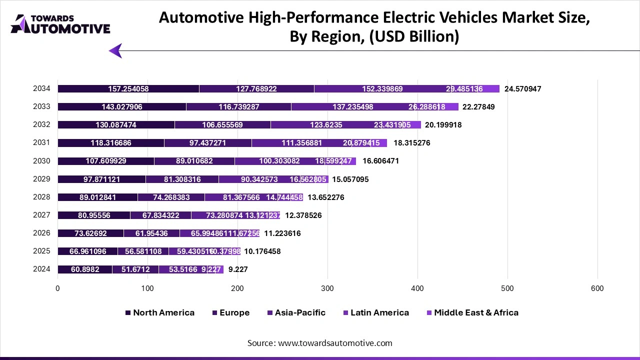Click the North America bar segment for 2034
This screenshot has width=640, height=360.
[128, 89]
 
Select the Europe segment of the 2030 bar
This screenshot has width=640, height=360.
[194, 161]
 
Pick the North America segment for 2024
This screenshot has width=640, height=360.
[85, 269]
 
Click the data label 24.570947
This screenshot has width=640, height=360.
[522, 89]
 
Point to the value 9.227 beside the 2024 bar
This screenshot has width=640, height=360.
[238, 269]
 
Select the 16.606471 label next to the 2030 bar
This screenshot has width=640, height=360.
[380, 161]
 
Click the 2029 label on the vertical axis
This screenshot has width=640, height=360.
[41, 178]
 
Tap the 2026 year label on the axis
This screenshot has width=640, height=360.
[41, 232]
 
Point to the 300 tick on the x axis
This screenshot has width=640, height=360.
[327, 288]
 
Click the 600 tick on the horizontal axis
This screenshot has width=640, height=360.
[597, 288]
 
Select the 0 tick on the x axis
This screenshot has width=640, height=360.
[58, 288]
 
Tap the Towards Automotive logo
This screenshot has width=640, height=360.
[60, 23]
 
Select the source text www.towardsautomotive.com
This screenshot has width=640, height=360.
[335, 343]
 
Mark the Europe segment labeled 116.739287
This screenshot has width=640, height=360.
[238, 107]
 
